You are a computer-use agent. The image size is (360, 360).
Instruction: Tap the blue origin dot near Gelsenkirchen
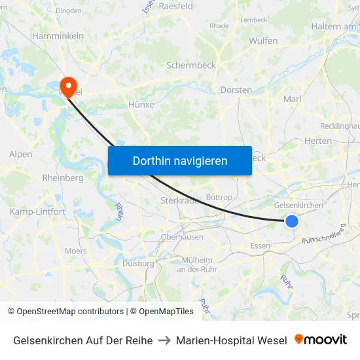coord(292,221)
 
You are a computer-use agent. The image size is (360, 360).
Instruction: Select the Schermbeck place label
coord(191,65)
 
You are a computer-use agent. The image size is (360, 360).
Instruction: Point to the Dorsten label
coord(236,90)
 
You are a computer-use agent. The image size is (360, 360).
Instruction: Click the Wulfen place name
coord(263,41)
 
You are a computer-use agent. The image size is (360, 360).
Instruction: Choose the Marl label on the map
coord(292,99)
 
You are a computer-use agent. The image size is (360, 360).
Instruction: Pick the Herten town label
coord(318,141)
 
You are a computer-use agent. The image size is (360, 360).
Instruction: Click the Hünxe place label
coord(141,104)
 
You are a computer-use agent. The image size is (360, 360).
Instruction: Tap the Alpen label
coord(20,154)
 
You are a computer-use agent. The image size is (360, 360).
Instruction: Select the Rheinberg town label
coord(62,177)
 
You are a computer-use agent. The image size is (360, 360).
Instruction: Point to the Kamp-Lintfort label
coord(37,211)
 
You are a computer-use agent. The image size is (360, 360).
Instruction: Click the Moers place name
coord(75,251)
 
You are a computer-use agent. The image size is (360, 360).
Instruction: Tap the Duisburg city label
coord(138,263)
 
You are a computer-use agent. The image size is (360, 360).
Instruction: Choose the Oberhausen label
coord(182,237)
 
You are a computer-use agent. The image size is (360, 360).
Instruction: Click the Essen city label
coord(261,246)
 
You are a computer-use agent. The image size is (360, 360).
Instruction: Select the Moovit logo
coord(321,340)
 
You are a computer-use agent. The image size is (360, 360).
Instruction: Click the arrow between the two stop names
coord(164,340)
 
